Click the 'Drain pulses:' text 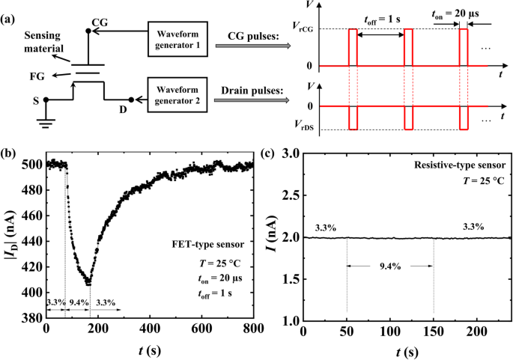click(x=247, y=91)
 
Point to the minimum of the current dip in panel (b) click(x=88, y=284)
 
